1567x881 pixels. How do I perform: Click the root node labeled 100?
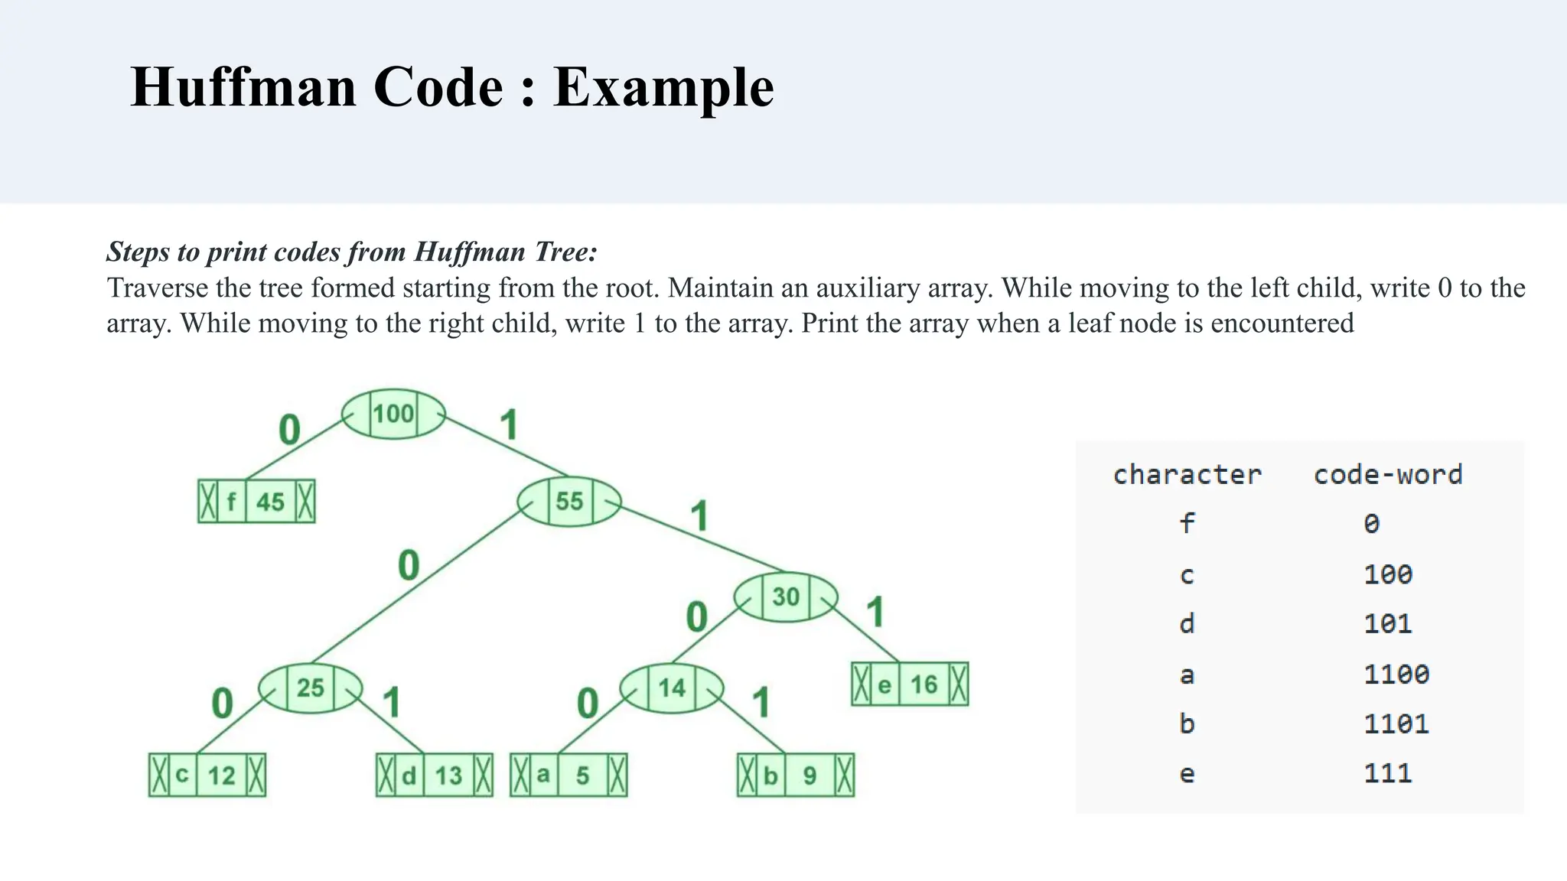pos(393,414)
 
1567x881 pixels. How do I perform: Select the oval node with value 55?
pos(569,502)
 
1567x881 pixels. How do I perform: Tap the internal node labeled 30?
pos(786,597)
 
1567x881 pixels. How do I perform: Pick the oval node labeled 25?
pos(311,688)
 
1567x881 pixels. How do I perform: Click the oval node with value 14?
pos(672,688)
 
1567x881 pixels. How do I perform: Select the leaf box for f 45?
pos(256,502)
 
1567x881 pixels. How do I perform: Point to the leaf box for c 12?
pos(207,775)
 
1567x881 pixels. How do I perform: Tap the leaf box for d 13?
pos(434,775)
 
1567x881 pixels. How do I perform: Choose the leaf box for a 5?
pos(568,775)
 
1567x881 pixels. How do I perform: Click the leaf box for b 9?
pos(796,775)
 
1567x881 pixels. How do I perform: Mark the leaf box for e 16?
pos(910,684)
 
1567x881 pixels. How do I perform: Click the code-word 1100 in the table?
pos(1396,675)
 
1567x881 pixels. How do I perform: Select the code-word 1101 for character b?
pos(1396,724)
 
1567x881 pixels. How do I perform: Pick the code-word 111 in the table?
pos(1388,774)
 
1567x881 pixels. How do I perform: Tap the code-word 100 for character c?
pos(1388,574)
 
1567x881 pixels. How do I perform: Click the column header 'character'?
pos(1187,475)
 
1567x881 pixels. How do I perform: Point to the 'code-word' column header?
pos(1388,475)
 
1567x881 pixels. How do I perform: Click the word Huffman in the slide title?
pos(243,87)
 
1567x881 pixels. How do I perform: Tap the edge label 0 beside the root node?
pos(289,430)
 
